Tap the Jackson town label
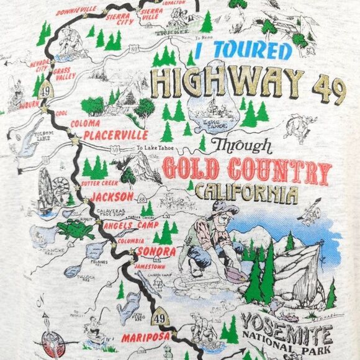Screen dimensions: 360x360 click(112, 197)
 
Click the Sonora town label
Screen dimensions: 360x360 click(153, 251)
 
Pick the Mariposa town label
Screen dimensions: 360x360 click(145, 338)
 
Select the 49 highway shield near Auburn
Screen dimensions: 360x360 click(44, 91)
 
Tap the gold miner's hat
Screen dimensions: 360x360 click(220, 207)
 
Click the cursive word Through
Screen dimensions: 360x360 click(241, 145)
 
